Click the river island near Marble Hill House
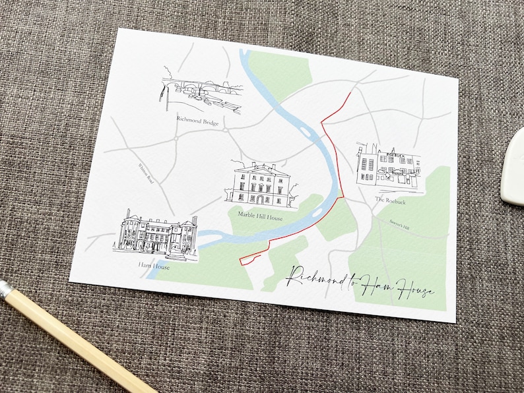pyautogui.click(x=318, y=213)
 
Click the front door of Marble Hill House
pyautogui.click(x=260, y=199)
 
